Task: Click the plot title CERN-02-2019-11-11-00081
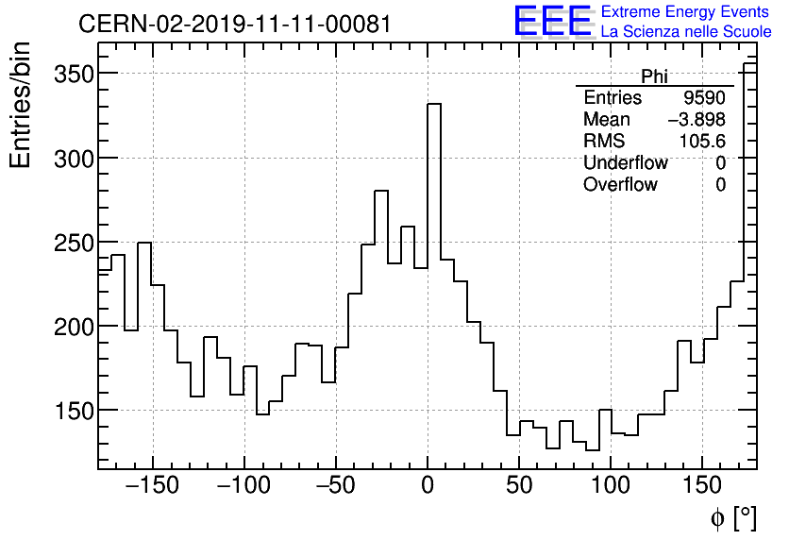[234, 24]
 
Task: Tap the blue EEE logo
[552, 22]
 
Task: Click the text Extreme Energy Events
[685, 12]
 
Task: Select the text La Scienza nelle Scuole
[685, 32]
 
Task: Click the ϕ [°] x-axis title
[733, 517]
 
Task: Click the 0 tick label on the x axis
[428, 487]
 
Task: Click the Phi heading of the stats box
[655, 76]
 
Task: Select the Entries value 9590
[705, 98]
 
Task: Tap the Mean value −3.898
[697, 120]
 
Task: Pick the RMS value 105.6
[703, 142]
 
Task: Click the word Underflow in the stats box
[625, 163]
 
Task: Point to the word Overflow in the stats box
[620, 185]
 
